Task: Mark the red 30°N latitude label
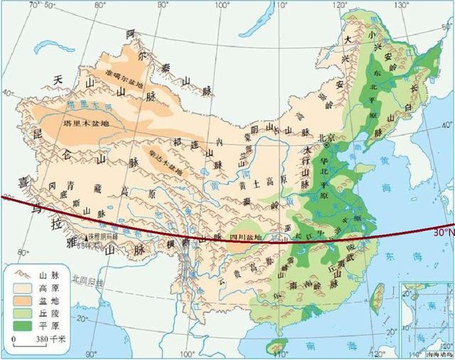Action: point(442,232)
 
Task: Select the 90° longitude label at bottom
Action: point(90,354)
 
